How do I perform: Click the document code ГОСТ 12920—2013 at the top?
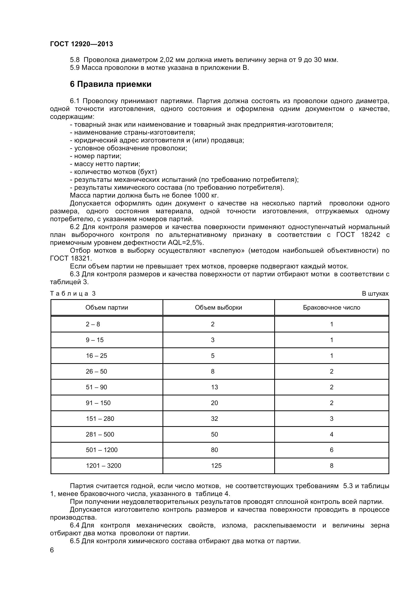[82, 44]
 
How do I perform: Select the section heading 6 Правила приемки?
[111, 84]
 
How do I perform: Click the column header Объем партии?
[107, 308]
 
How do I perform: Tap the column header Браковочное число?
[332, 308]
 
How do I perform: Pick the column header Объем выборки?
[219, 308]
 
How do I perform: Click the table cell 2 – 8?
[93, 324]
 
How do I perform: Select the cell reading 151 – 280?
[100, 419]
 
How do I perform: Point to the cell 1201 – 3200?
[103, 466]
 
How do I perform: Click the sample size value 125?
[216, 466]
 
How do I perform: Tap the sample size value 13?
[214, 387]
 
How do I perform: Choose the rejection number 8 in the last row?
[332, 466]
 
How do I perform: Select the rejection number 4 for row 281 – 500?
[332, 434]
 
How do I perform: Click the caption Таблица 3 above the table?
[73, 294]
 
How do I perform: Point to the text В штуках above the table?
[375, 294]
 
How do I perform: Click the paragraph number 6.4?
[75, 525]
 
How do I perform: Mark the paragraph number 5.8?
[75, 60]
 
